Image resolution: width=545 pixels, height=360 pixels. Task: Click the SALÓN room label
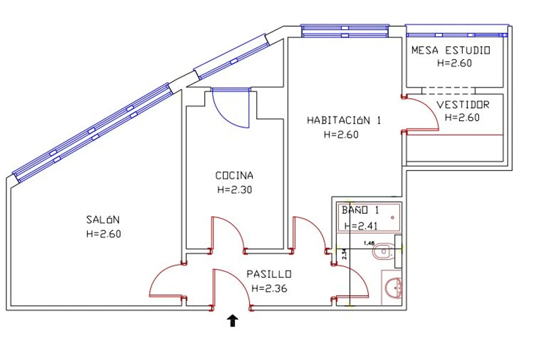tap(103, 220)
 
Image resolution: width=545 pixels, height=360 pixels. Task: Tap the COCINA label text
tap(234, 175)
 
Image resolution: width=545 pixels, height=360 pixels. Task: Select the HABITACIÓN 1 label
tap(344, 120)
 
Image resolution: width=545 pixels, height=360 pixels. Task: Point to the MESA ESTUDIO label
tap(451, 50)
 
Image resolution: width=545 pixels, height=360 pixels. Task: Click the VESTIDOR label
tap(463, 105)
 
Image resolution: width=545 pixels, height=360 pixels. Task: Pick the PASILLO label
tap(269, 274)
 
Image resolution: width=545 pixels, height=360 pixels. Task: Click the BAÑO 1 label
tap(360, 210)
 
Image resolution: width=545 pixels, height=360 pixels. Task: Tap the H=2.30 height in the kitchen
tap(235, 190)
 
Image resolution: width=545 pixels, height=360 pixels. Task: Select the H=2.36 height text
tap(269, 288)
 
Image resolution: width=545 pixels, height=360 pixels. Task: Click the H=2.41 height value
tap(361, 226)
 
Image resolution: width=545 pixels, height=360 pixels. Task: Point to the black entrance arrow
tap(233, 321)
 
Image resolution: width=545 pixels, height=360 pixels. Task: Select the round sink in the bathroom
tap(393, 288)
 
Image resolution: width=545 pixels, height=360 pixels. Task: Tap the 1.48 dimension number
tap(369, 243)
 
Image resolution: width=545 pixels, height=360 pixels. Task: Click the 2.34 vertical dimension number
tap(344, 254)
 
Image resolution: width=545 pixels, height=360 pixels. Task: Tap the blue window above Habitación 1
tap(345, 31)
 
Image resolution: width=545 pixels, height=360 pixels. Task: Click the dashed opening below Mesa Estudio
tap(448, 91)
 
